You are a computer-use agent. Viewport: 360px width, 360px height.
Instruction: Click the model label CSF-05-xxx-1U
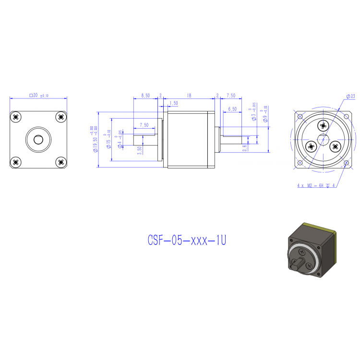186,240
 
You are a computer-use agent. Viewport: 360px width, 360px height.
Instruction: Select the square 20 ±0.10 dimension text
39,96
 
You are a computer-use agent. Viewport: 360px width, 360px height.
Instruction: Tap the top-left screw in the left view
16,117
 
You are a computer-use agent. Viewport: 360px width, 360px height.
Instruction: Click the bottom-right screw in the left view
60,162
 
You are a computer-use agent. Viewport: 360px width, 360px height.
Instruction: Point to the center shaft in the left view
38,140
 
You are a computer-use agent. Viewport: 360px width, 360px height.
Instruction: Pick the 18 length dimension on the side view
189,96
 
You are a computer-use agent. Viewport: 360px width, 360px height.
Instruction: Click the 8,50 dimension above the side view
145,96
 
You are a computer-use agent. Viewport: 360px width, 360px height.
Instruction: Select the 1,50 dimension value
173,103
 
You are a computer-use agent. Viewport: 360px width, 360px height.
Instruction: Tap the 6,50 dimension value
232,109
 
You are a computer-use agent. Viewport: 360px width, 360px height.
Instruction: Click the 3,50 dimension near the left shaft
139,149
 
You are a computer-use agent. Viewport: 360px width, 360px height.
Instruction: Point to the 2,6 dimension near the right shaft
244,146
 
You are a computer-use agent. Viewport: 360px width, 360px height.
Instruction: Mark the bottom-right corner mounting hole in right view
345,163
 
